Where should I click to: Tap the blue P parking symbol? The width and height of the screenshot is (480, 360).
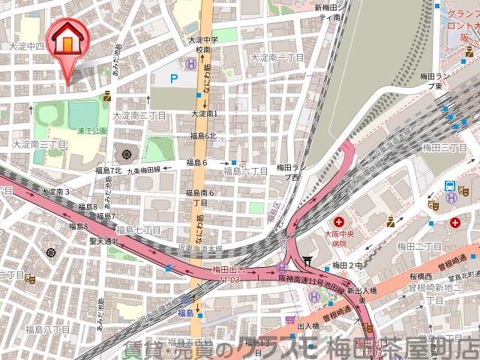click(x=174, y=77)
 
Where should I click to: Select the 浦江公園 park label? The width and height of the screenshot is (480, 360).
click(x=91, y=130)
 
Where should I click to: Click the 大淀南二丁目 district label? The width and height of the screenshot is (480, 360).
click(x=139, y=115)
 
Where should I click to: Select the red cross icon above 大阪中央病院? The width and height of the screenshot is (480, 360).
click(x=340, y=222)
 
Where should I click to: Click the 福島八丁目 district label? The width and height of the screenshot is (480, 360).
click(x=47, y=329)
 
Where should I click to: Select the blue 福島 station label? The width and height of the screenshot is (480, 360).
click(x=187, y=313)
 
